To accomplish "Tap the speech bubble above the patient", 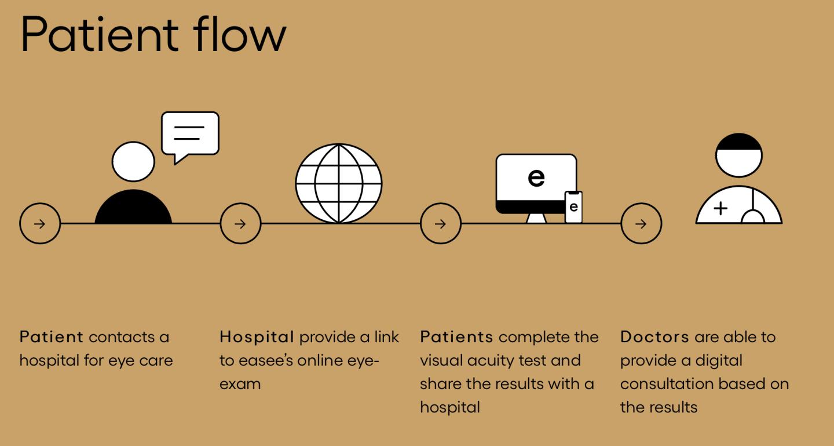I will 190,135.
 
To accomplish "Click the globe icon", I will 339,183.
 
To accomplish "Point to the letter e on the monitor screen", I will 536,177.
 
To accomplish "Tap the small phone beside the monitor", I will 573,206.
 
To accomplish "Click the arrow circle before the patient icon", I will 40,223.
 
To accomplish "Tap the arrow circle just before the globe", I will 240,223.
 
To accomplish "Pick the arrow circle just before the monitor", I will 441,223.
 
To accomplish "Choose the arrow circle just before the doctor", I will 641,223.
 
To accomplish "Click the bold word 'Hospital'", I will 257,337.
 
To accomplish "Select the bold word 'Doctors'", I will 654,337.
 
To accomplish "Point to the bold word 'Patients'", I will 456,337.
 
